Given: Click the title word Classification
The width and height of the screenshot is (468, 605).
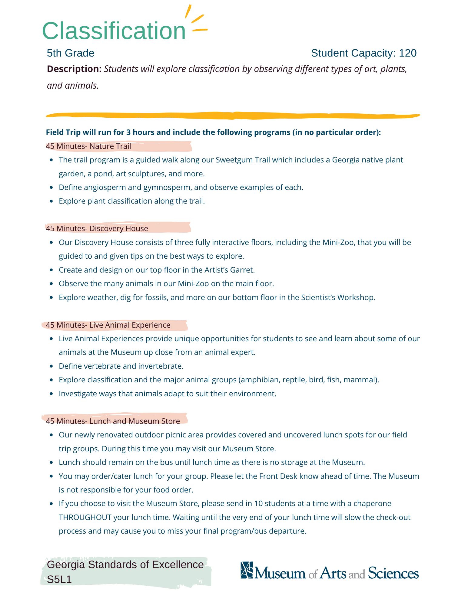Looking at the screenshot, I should coord(114,31).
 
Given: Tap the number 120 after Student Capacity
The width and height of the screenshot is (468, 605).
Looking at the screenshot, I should coord(407,53).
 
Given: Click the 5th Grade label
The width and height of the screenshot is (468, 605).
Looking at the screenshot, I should coord(70,53).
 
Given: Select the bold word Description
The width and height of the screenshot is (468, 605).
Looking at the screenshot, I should coord(74,69).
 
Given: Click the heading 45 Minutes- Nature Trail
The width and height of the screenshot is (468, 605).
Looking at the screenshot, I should coord(88,146).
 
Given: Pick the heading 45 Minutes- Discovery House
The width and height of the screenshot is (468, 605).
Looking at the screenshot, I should coord(97,228).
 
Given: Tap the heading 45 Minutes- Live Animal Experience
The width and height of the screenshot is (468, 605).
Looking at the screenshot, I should coord(108,325).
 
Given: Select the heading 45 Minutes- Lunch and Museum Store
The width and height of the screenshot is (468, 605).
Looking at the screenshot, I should coord(113,421).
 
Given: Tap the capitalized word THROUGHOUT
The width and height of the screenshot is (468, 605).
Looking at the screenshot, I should coord(85,517).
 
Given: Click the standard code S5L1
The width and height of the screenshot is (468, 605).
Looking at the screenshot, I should coord(59,579).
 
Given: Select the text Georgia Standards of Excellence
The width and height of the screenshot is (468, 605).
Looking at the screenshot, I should coord(125,565).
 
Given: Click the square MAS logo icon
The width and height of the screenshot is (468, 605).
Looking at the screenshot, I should coord(247,570).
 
